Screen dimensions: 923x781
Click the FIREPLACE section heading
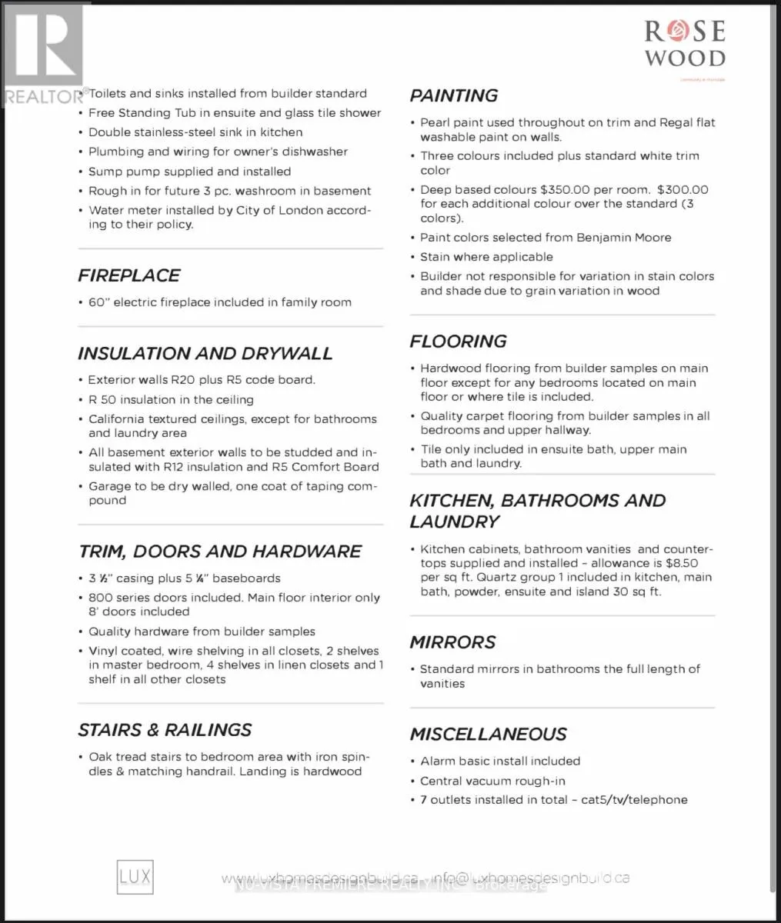(x=128, y=275)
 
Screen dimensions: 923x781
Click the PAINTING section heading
(x=453, y=95)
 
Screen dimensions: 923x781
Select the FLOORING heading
(x=458, y=341)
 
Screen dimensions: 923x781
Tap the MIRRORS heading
(x=452, y=641)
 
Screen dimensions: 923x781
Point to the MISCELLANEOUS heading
(x=488, y=734)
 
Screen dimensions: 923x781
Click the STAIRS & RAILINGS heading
(x=165, y=730)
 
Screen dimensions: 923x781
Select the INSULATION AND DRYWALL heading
(x=205, y=353)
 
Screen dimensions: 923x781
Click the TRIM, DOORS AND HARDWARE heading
(x=219, y=551)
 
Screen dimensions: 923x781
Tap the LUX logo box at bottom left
(x=135, y=876)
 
